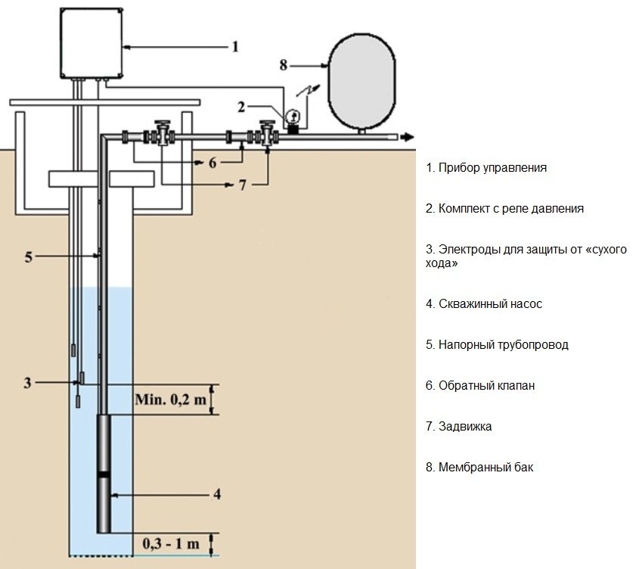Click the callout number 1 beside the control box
[234, 47]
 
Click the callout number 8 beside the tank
[284, 66]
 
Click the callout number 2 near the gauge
[241, 107]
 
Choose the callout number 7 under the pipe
[242, 185]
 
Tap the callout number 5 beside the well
[28, 257]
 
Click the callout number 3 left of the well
[28, 383]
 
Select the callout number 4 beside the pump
[217, 495]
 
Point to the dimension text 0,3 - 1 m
[173, 543]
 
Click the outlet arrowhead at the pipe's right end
[408, 137]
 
